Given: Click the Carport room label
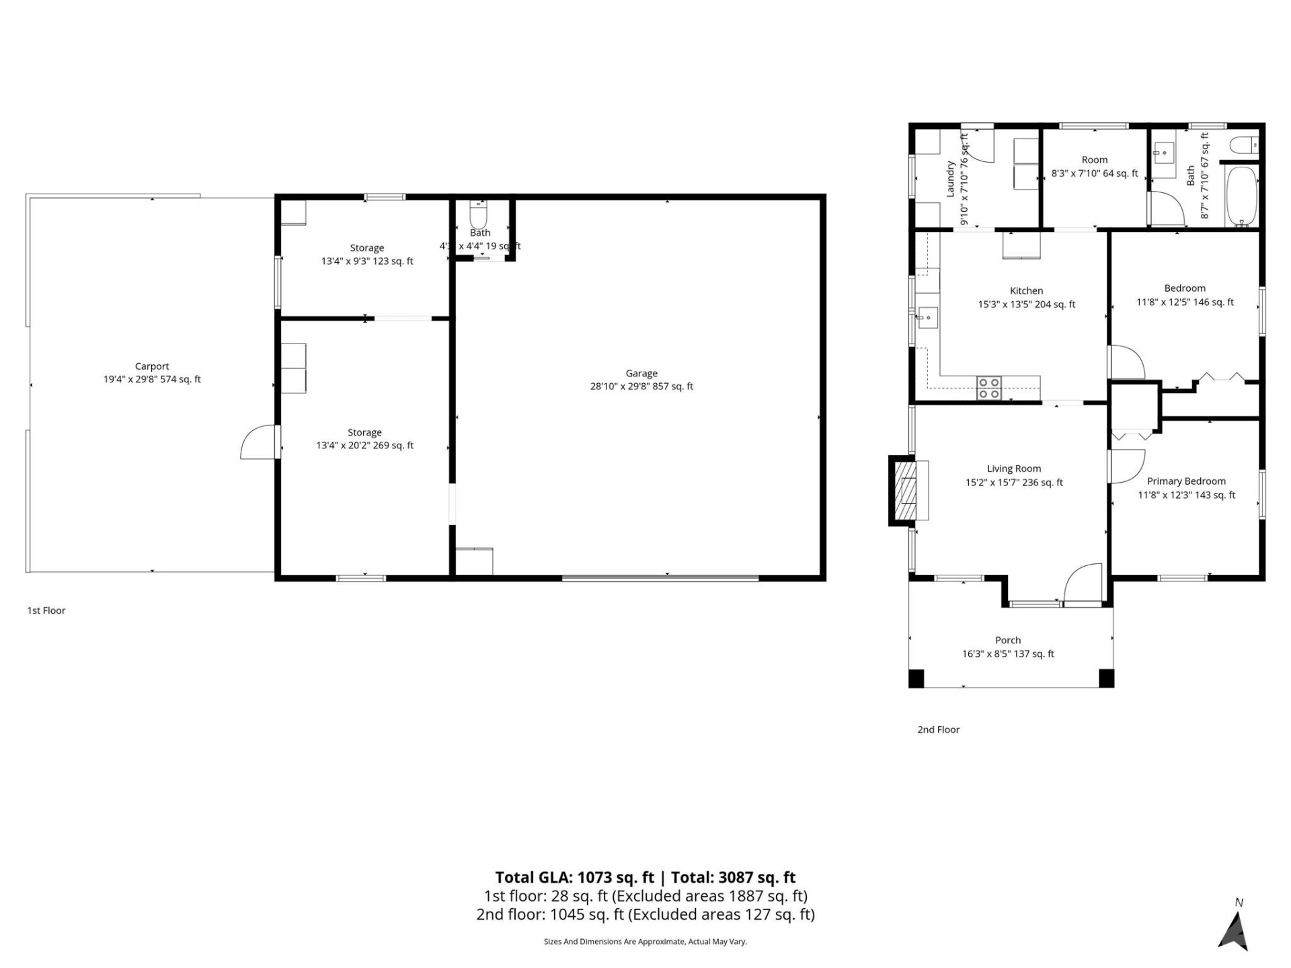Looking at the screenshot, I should [152, 366].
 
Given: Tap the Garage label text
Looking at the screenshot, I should [641, 373].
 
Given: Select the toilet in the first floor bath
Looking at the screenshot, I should [478, 214].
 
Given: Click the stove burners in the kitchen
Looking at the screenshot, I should [988, 389].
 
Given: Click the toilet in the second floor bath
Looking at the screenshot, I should [1244, 145].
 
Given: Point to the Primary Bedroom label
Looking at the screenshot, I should [1186, 481].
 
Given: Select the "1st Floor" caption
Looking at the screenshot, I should [46, 610].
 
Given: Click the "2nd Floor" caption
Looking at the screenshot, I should [938, 729].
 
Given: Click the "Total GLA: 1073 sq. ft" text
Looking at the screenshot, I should [574, 877].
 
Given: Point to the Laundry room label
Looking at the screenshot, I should [951, 179].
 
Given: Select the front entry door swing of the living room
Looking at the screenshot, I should [1083, 583].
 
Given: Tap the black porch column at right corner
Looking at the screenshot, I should [1106, 678].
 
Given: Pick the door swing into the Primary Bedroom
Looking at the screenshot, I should [1126, 466].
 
